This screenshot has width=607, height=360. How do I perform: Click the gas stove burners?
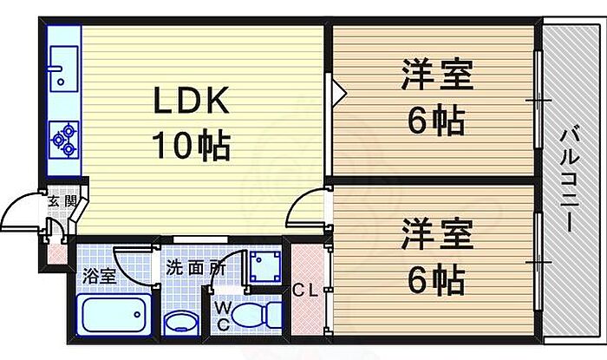coord(64,137)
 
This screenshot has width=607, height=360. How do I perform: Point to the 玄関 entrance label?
coord(62,202)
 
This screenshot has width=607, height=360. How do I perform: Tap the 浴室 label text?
coord(98,278)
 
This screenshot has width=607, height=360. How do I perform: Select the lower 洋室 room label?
coord(437,236)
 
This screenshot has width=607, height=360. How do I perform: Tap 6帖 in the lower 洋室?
coord(437,279)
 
